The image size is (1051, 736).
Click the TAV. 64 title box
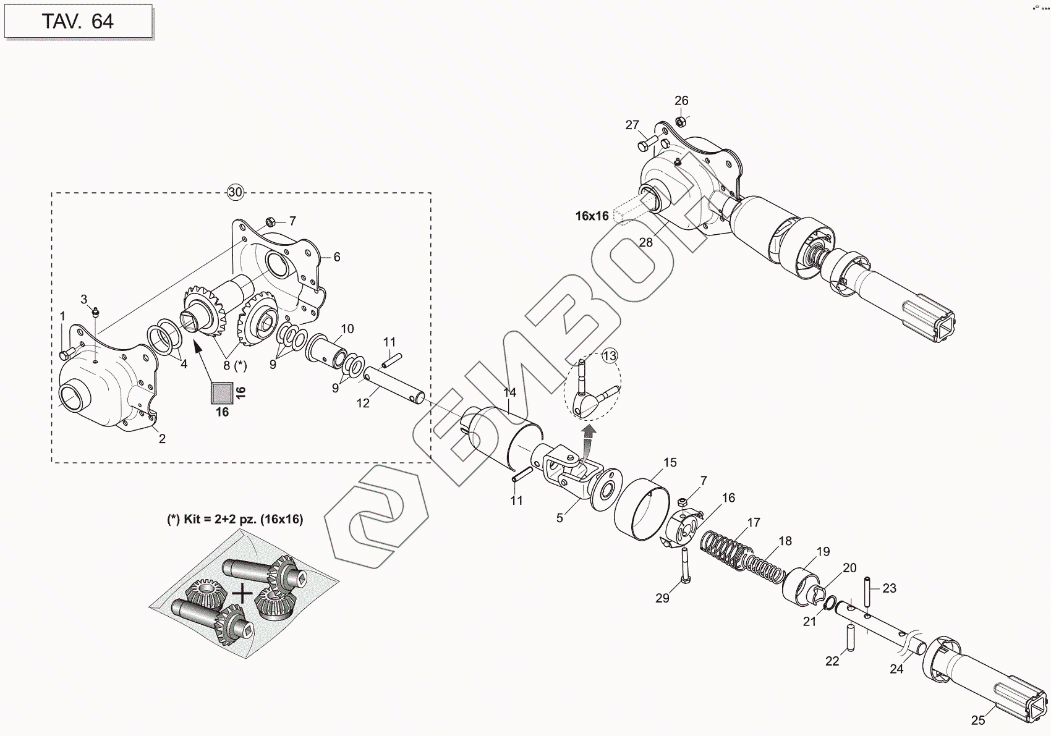(78, 22)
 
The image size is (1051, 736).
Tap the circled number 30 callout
(235, 192)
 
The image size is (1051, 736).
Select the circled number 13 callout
(610, 356)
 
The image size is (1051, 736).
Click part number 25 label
(977, 720)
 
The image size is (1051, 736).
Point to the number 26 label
(681, 101)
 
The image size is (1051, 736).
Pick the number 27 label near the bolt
(632, 125)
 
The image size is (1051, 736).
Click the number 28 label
(646, 242)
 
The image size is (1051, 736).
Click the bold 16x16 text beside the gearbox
(592, 216)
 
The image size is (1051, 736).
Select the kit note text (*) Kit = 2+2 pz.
(236, 519)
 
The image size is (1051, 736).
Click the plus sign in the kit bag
(243, 594)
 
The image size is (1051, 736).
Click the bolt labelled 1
(66, 353)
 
